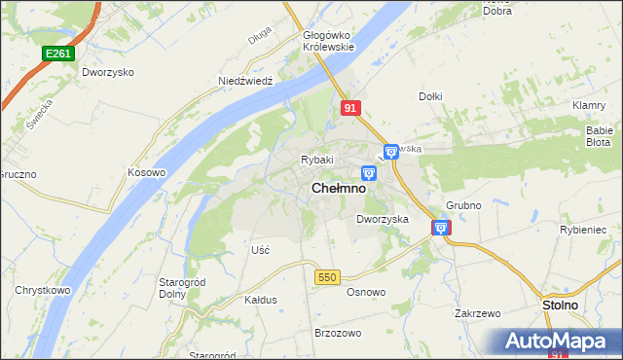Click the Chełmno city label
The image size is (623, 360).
(339, 189)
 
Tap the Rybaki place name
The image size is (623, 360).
(317, 160)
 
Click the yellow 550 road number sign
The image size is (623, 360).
(327, 278)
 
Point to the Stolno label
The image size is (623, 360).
(560, 306)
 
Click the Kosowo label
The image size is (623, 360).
(147, 172)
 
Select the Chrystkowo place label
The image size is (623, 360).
(41, 291)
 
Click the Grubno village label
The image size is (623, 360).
(463, 206)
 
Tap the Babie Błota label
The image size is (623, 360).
(598, 135)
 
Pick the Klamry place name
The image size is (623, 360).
(590, 105)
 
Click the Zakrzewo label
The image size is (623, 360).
(477, 314)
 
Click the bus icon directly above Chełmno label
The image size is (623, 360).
(369, 173)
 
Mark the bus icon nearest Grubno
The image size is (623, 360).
(441, 228)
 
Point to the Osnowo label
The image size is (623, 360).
(367, 292)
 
